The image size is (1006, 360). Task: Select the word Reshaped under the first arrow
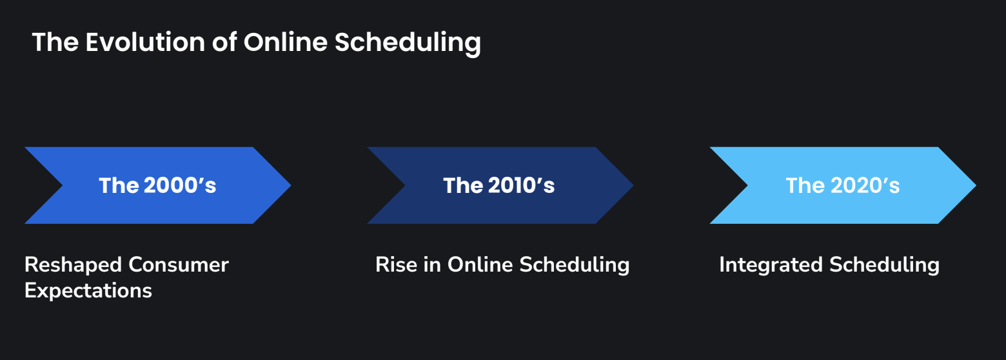(73, 265)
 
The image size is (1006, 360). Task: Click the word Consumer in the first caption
(178, 265)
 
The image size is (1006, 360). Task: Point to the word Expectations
(88, 291)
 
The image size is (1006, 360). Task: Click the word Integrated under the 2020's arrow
(771, 265)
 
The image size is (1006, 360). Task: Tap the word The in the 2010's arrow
(462, 185)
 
